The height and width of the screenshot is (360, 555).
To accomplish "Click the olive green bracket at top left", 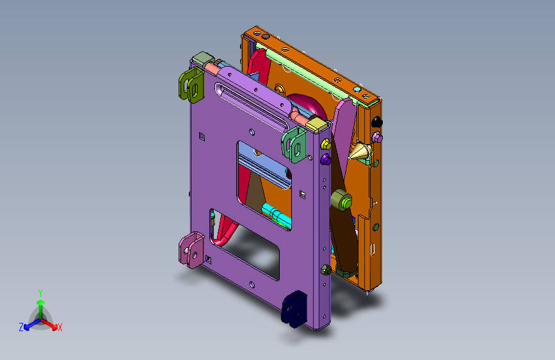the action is tap(191, 85).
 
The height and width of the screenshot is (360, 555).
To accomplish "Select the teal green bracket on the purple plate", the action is tap(294, 145).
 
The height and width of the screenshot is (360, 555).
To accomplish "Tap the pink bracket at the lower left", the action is tap(191, 249).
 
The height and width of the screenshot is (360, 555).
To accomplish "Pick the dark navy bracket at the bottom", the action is tap(294, 309).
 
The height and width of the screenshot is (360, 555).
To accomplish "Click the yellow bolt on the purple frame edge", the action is tap(325, 144).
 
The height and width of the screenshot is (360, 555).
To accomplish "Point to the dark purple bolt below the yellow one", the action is tap(326, 160).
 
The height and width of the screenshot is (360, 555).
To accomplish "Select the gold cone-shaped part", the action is tap(360, 152).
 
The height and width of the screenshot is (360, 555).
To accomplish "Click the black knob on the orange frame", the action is tap(376, 122).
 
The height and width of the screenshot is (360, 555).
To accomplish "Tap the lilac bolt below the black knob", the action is tap(377, 137).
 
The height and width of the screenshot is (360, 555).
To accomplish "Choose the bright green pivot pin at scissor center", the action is tap(346, 203).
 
